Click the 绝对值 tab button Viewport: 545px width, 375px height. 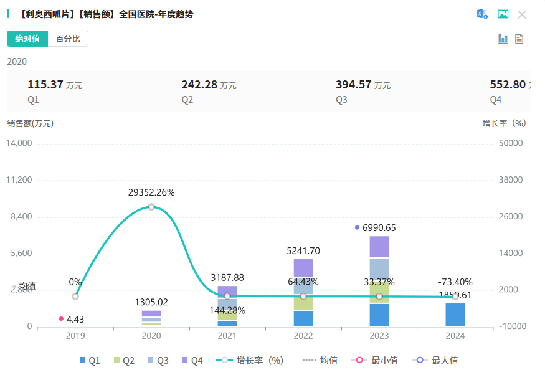pos(27,39)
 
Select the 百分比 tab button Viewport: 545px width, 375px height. pos(68,39)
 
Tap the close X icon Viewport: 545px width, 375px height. pos(522,14)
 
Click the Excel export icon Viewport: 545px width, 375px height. pos(482,14)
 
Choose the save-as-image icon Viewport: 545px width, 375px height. pos(503,14)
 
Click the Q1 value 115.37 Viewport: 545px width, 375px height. pos(45,85)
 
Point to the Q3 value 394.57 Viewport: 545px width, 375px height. pos(354,85)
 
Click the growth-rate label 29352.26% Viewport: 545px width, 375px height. pos(151,192)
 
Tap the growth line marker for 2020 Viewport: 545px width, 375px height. pos(151,207)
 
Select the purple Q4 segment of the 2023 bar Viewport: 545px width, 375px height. pos(379,247)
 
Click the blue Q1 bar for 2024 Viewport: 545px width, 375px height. pos(455,315)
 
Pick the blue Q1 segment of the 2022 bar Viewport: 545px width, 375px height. pos(303,318)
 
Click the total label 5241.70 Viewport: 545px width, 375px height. pos(303,251)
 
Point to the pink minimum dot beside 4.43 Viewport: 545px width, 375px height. pos(61,319)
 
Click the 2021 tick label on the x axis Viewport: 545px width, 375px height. pos(227,335)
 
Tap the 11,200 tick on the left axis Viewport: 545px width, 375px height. pos(18,180)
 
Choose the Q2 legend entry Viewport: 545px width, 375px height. pos(123,360)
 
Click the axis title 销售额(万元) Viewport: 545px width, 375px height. pos(31,123)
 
